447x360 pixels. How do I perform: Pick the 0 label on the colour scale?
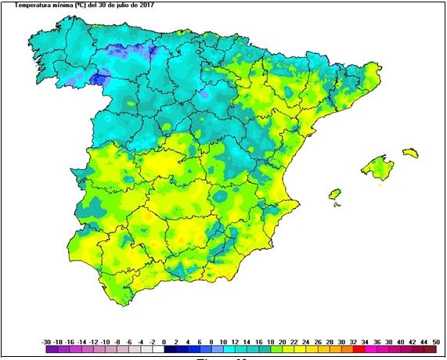[164, 342]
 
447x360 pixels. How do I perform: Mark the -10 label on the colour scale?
[105, 342]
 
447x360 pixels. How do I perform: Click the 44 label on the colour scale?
[424, 342]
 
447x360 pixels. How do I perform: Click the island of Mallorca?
[377, 167]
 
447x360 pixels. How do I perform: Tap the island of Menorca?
[410, 152]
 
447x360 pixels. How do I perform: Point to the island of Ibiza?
[335, 193]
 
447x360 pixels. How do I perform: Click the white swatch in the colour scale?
[158, 351]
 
